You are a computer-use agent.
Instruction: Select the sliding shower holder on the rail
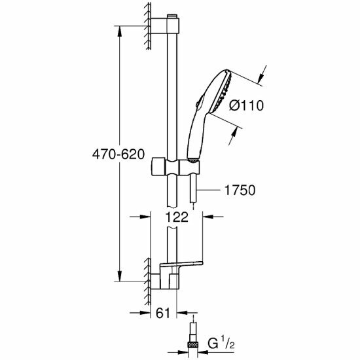coord(175,166)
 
